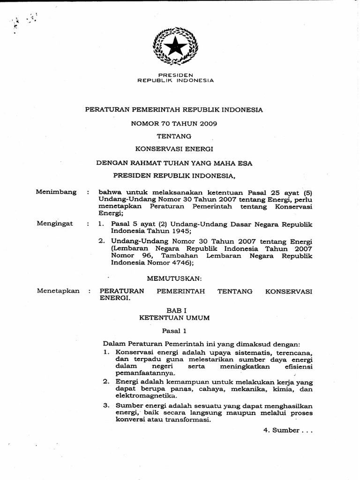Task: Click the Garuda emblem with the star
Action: point(176,46)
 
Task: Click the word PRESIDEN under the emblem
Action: point(176,75)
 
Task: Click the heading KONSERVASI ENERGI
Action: point(174,149)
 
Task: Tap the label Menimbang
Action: point(56,192)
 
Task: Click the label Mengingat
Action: point(55,224)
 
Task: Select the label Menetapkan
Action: point(58,291)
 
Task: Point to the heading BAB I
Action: point(174,310)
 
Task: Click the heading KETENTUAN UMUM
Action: point(174,317)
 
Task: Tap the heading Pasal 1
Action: point(174,330)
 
